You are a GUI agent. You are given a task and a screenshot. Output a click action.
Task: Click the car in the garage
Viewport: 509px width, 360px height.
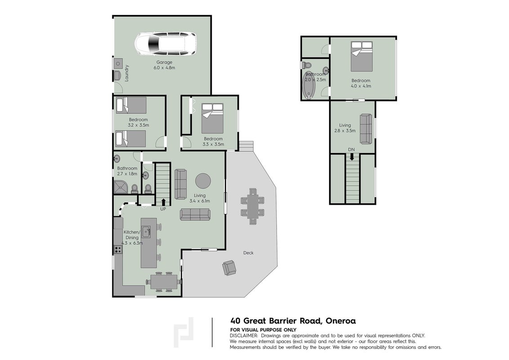click(165, 44)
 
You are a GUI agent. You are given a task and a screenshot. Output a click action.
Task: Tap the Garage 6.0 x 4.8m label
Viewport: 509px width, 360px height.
click(164, 65)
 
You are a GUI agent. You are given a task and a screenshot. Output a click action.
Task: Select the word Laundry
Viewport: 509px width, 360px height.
click(127, 73)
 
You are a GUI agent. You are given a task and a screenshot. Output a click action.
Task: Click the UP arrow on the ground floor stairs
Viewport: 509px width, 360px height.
click(163, 202)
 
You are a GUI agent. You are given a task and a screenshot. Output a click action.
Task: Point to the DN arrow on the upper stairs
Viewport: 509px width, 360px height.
click(352, 157)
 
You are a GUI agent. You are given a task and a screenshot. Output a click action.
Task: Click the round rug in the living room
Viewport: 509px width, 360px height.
click(203, 180)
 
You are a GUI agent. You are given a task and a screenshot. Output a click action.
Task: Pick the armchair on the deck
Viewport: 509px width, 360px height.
click(229, 268)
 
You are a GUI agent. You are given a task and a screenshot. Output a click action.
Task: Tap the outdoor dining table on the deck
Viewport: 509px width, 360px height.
click(253, 206)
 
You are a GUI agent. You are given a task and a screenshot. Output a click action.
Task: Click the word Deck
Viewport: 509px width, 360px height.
click(248, 253)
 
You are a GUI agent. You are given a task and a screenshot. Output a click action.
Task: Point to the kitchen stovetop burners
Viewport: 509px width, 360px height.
click(118, 250)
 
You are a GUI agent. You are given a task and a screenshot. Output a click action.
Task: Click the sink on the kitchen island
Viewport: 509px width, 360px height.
click(147, 232)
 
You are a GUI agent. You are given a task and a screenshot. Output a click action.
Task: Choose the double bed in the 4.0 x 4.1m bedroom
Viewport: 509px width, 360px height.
click(362, 56)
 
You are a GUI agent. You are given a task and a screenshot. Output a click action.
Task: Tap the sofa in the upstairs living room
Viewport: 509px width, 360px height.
click(366, 129)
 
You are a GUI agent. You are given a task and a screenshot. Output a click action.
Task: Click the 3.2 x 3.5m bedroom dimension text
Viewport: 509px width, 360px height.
click(138, 125)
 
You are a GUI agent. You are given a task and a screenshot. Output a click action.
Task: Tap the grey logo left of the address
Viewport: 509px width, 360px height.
click(183, 333)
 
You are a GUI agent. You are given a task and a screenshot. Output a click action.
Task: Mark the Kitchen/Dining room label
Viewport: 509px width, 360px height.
click(132, 235)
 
